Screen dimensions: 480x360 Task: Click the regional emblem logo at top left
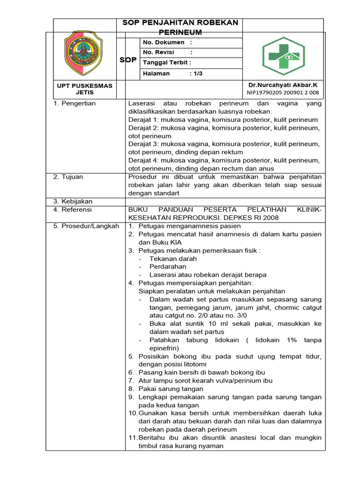click(x=82, y=53)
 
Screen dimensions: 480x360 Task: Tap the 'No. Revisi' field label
click(x=158, y=52)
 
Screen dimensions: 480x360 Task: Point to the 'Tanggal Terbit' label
click(x=166, y=63)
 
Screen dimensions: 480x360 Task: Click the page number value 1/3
click(x=197, y=74)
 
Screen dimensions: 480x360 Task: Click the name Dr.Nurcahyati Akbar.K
click(x=283, y=85)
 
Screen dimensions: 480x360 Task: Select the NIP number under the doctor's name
click(x=283, y=92)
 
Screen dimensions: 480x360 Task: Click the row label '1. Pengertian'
click(x=74, y=103)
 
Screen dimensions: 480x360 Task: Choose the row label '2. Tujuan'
click(x=68, y=177)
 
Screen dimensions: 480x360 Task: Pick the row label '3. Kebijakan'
click(x=73, y=201)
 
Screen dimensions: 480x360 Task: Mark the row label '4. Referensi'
click(x=73, y=210)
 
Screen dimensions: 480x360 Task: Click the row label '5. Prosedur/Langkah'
click(x=86, y=226)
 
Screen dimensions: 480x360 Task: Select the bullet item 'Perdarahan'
click(x=168, y=267)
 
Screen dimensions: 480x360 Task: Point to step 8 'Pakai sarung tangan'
click(x=171, y=389)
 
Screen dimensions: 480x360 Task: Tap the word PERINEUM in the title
click(x=180, y=32)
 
